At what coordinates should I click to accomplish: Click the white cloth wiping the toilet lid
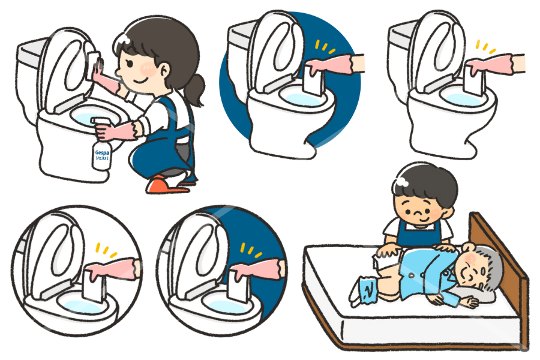[x=94, y=59]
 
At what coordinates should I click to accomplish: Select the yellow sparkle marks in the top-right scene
[x=484, y=47]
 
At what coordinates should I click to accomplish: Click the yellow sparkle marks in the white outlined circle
[x=106, y=249]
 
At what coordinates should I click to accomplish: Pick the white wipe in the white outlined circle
[x=95, y=288]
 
